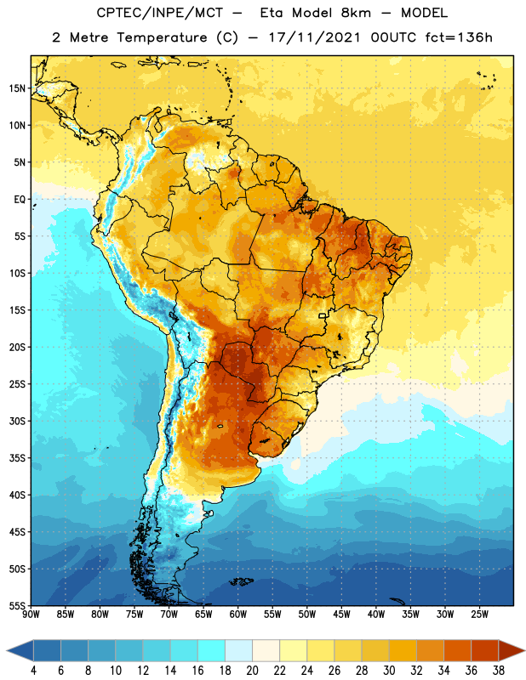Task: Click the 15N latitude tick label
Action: pyautogui.click(x=17, y=88)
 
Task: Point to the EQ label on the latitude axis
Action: pyautogui.click(x=20, y=200)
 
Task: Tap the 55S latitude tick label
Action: pyautogui.click(x=17, y=605)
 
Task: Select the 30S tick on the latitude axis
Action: pyautogui.click(x=17, y=421)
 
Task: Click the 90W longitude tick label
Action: pyautogui.click(x=31, y=615)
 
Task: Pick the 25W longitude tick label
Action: pyautogui.click(x=479, y=615)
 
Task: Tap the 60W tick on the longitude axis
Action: pyautogui.click(x=238, y=615)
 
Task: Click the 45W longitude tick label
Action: pyautogui.click(x=341, y=615)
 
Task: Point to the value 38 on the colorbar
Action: pyautogui.click(x=498, y=671)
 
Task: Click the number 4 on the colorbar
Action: pyautogui.click(x=33, y=671)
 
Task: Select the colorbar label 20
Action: pyautogui.click(x=252, y=671)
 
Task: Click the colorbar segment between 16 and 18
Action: pyautogui.click(x=212, y=651)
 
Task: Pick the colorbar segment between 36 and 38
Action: pyautogui.click(x=485, y=651)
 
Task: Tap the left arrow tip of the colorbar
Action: pyautogui.click(x=7, y=651)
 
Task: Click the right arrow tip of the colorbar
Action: pyautogui.click(x=524, y=651)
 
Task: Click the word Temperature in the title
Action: pyautogui.click(x=162, y=37)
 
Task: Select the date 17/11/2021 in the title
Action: pyautogui.click(x=314, y=37)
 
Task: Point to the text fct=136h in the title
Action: pyautogui.click(x=459, y=37)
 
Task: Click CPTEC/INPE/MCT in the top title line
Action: pyautogui.click(x=159, y=13)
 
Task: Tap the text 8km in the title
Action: pyautogui.click(x=356, y=13)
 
